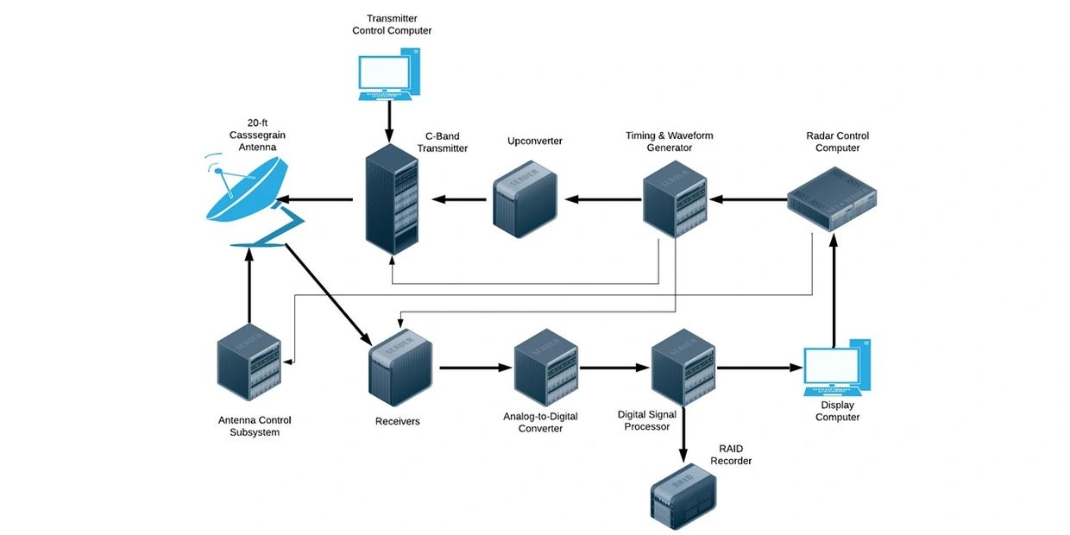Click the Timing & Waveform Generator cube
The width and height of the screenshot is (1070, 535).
(x=676, y=199)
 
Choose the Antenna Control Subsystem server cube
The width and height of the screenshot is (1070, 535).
(x=249, y=367)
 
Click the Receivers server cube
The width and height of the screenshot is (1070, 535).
(x=400, y=367)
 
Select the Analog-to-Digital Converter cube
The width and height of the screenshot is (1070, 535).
(x=546, y=367)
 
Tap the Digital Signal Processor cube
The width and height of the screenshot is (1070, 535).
(x=682, y=367)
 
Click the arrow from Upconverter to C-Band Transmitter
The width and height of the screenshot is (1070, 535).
(x=459, y=199)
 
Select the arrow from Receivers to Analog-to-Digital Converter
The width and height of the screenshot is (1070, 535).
(x=475, y=368)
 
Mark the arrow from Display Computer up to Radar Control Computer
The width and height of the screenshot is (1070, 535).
(x=834, y=293)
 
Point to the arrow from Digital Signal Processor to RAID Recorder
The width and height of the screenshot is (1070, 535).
(x=684, y=436)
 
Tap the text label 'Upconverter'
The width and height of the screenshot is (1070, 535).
(x=535, y=141)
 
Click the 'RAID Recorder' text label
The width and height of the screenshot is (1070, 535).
(x=731, y=455)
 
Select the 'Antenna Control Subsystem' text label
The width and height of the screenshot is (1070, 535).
(x=255, y=426)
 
